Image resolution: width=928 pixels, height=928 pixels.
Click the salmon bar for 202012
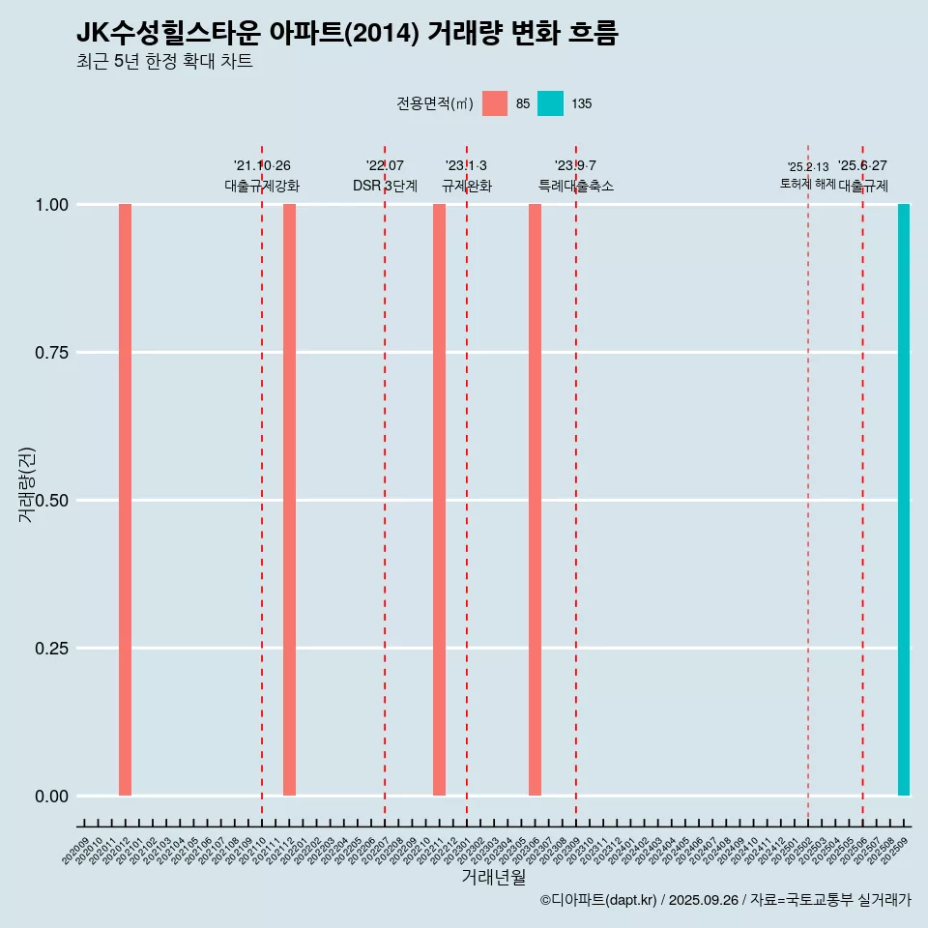[x=125, y=500]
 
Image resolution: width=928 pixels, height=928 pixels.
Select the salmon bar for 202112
[x=289, y=500]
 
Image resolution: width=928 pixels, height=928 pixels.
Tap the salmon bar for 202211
[x=439, y=500]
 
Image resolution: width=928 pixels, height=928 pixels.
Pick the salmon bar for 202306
[x=535, y=500]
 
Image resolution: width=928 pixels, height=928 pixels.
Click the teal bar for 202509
[x=904, y=500]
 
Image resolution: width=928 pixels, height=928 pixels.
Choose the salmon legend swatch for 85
[x=495, y=103]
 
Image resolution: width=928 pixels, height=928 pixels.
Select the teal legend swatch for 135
[x=550, y=103]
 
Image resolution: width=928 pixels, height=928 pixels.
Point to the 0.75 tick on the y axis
[x=49, y=353]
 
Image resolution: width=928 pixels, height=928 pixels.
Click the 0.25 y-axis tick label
[x=49, y=649]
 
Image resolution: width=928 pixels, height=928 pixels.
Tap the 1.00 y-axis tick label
[x=49, y=205]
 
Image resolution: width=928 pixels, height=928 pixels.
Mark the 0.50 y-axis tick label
[x=49, y=501]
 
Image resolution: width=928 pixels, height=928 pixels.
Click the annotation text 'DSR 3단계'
[x=385, y=186]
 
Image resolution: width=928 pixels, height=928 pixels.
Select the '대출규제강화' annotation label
[x=262, y=186]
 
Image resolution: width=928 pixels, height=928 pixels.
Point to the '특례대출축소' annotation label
[x=576, y=186]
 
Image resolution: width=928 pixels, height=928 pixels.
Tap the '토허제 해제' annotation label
[x=808, y=184]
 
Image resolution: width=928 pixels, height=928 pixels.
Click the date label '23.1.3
[x=466, y=165]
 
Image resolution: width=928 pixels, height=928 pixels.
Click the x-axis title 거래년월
[x=493, y=878]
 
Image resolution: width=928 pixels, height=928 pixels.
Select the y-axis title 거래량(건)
[x=27, y=484]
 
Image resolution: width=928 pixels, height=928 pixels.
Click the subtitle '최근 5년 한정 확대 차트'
[x=164, y=62]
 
